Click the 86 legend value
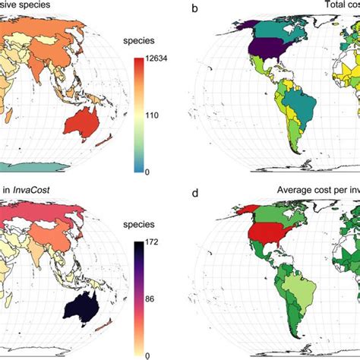point(149,300)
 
